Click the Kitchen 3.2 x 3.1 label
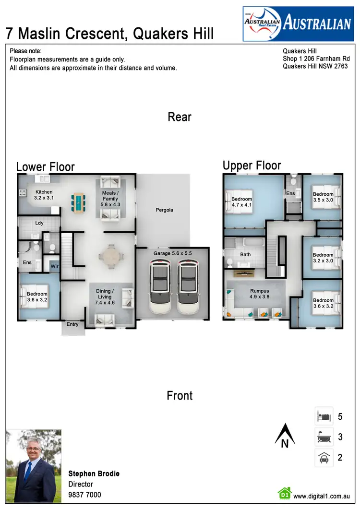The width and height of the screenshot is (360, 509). [x=44, y=195]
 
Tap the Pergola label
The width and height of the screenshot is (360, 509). [x=164, y=210]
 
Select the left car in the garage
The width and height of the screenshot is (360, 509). [x=160, y=287]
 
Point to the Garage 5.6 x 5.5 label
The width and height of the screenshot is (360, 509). [x=172, y=253]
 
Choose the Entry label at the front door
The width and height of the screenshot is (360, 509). [x=72, y=325]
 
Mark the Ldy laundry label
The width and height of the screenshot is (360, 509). [x=39, y=223]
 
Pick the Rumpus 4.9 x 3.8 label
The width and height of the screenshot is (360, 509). [x=259, y=294]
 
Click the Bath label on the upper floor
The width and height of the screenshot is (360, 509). [x=245, y=255]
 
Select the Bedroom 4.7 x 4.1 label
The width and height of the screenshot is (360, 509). [x=241, y=202]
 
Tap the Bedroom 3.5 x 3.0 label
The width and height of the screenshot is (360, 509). [x=323, y=197]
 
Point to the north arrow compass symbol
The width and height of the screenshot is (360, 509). [x=284, y=435]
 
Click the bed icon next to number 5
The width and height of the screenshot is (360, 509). [x=324, y=416]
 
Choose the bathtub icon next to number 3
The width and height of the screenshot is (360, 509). [x=324, y=437]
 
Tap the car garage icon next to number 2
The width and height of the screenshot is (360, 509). [x=324, y=458]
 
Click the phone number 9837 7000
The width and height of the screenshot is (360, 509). [x=85, y=495]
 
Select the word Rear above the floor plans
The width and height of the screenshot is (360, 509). [x=180, y=117]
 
